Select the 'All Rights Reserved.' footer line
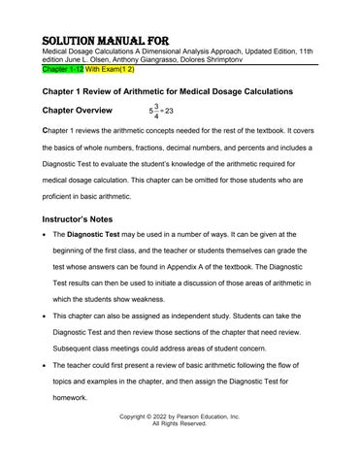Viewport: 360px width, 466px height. tap(179, 424)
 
